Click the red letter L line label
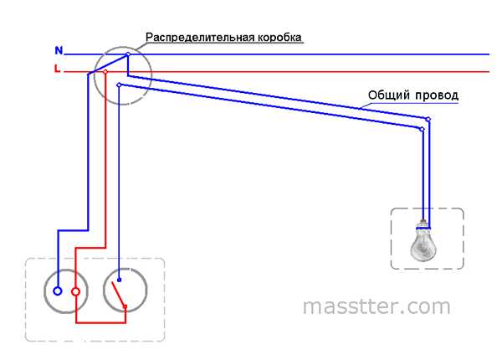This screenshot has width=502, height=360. pos(57,69)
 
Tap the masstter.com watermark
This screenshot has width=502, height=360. pos(376,306)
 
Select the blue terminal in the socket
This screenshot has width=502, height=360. pos(57,291)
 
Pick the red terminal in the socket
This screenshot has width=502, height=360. pos(75,291)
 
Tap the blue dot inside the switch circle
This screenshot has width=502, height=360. pos(119,281)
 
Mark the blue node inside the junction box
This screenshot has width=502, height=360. pos(120,85)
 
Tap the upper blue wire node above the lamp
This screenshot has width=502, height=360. pos(429,120)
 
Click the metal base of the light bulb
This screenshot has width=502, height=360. pos(424,224)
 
